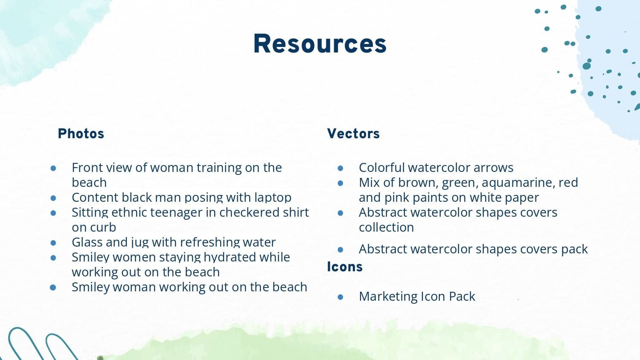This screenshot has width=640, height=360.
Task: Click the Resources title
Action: pyautogui.click(x=320, y=44)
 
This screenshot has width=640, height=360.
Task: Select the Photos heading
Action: pyautogui.click(x=81, y=134)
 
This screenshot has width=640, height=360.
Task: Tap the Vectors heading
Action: pyautogui.click(x=353, y=134)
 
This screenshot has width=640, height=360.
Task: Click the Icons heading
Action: pyautogui.click(x=345, y=267)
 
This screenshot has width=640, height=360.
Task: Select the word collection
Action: pyautogui.click(x=386, y=227)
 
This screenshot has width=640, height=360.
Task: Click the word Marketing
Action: pyautogui.click(x=387, y=296)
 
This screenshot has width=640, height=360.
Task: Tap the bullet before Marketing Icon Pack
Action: pyautogui.click(x=340, y=297)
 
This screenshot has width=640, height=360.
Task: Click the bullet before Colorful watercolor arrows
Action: pyautogui.click(x=340, y=168)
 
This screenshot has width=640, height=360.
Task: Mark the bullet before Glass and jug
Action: pyautogui.click(x=53, y=243)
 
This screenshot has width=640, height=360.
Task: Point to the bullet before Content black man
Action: pyautogui.click(x=53, y=198)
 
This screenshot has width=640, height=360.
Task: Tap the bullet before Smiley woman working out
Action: pyautogui.click(x=53, y=287)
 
